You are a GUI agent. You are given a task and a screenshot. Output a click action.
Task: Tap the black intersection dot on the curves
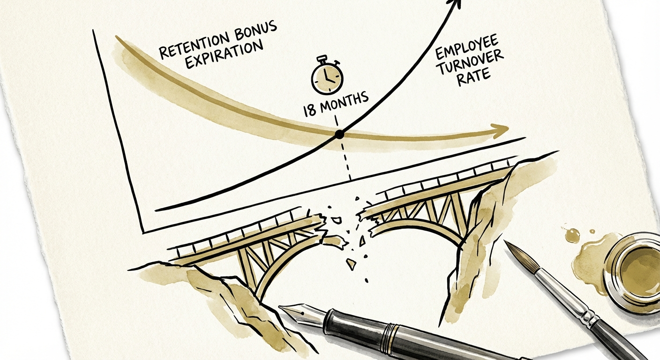point(339,135)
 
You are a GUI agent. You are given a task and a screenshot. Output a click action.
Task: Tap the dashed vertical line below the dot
point(346,162)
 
